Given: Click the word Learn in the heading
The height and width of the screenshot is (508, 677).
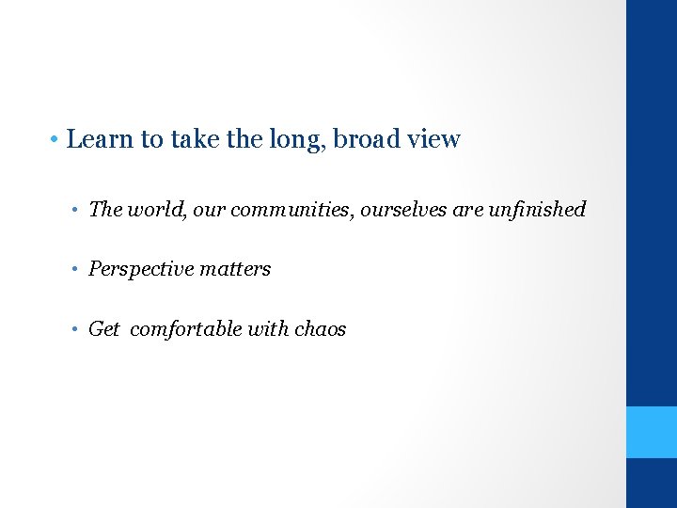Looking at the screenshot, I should pos(101,139).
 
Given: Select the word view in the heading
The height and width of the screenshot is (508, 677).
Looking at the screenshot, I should pos(433,139).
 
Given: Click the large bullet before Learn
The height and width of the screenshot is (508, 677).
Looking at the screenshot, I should pos(56,140).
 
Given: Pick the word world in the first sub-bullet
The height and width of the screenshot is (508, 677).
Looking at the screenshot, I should pos(151,209).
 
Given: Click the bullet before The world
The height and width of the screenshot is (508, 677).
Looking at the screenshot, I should pos(76,210).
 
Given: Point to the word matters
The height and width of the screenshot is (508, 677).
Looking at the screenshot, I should pos(234,269).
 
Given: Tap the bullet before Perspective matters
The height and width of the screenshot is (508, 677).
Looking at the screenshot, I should pos(76,270).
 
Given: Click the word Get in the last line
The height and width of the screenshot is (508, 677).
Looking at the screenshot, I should pos(103,329).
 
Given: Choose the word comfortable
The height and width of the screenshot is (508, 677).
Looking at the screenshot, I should pos(187,329).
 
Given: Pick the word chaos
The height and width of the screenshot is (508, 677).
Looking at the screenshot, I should pos(321,329).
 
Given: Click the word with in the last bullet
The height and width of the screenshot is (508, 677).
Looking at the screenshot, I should pos(270,329).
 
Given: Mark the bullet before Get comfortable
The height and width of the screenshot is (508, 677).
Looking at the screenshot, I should pos(76,330).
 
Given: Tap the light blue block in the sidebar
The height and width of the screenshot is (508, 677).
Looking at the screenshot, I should pos(652,432).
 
